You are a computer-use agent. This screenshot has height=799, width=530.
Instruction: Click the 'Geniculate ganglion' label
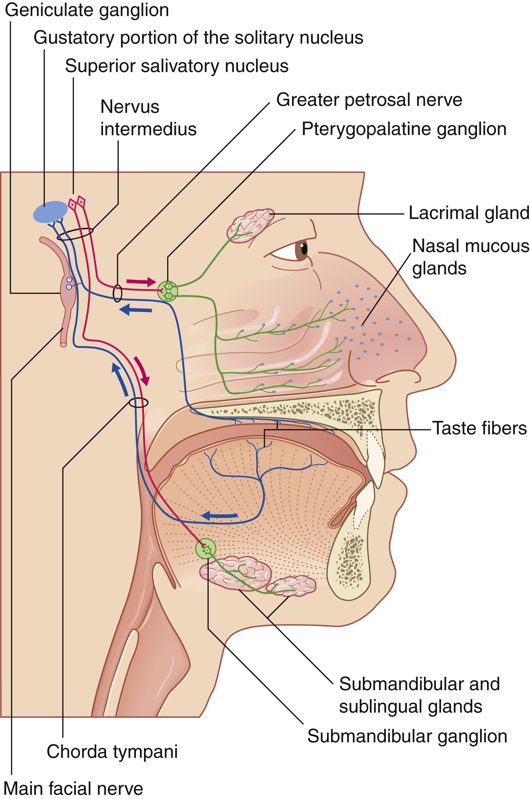tap(87, 10)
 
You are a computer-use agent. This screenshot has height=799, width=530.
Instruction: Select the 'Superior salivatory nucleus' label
tap(177, 66)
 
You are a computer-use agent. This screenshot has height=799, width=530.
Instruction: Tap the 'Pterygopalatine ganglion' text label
tap(404, 129)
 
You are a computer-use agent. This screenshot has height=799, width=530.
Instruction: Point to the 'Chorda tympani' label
tap(112, 752)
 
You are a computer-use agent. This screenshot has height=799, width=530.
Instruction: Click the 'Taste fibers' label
tap(479, 429)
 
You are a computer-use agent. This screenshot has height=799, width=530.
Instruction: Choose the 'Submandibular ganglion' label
tap(407, 737)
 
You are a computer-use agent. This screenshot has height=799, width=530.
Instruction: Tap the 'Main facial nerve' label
tap(73, 789)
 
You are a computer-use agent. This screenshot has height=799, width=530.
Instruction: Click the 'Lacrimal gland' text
tap(469, 213)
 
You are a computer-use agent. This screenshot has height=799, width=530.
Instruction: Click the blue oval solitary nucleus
tap(50, 212)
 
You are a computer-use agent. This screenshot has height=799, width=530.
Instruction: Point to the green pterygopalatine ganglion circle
tap(167, 291)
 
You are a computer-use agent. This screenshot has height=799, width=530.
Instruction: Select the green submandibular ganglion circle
tap(205, 548)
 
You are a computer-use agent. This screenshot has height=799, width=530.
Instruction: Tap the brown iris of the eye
tap(301, 250)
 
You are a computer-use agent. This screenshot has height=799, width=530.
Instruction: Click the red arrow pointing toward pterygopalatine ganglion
tap(141, 281)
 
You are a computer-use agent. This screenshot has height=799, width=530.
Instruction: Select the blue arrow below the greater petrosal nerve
tap(136, 310)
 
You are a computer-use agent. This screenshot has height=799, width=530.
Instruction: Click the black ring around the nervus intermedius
tap(75, 234)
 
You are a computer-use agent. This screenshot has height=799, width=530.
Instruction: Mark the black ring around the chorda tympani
tap(139, 403)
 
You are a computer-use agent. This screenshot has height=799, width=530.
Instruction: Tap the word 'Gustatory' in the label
tap(74, 38)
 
